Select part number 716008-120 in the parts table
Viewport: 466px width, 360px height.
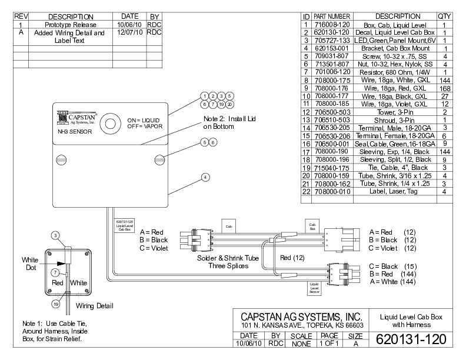(332, 25)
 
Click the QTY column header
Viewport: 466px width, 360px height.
(444, 16)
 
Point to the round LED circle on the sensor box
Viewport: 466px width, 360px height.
(109, 124)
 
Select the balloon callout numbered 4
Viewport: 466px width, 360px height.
(205, 176)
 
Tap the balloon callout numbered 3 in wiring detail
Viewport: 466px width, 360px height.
(55, 235)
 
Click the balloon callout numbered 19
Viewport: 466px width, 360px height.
(55, 305)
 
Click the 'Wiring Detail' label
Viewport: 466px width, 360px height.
(94, 305)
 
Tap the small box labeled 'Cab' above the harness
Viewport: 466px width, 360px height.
(228, 224)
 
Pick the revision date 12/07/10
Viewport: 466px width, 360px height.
(129, 33)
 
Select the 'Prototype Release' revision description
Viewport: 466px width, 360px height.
(71, 25)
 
